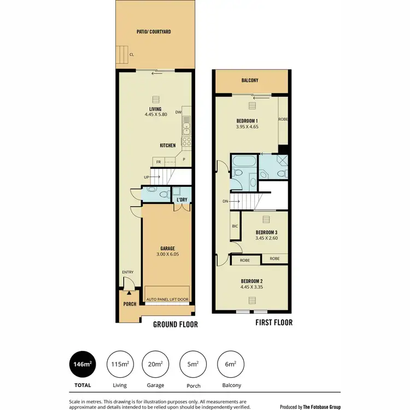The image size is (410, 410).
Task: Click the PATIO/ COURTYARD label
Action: (154, 32)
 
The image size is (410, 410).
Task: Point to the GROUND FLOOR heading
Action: (175, 324)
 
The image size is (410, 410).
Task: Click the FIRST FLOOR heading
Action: (274, 322)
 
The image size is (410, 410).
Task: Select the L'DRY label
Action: (181, 200)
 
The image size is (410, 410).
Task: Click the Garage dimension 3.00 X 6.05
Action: (167, 255)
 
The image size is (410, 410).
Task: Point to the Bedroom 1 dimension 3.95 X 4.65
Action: (247, 127)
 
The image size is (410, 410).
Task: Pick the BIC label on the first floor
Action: (235, 226)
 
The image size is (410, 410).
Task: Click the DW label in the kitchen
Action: (178, 113)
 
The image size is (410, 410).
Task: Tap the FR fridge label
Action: (159, 162)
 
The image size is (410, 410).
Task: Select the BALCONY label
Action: (250, 81)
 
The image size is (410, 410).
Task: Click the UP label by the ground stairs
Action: (146, 177)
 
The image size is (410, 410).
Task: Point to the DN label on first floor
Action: (225, 201)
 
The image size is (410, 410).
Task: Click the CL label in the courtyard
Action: (132, 54)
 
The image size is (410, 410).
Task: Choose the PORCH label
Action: (130, 304)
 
